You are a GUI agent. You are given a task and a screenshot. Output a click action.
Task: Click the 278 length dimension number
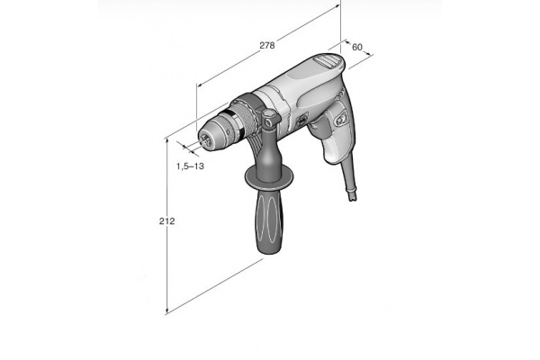click(267, 45)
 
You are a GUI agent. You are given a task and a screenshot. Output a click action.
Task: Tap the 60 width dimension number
click(356, 47)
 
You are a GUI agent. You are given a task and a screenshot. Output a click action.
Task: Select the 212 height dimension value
click(166, 221)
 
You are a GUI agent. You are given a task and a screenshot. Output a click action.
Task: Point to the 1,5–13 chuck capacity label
click(190, 166)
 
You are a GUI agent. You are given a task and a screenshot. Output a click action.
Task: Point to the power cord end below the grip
click(352, 194)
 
